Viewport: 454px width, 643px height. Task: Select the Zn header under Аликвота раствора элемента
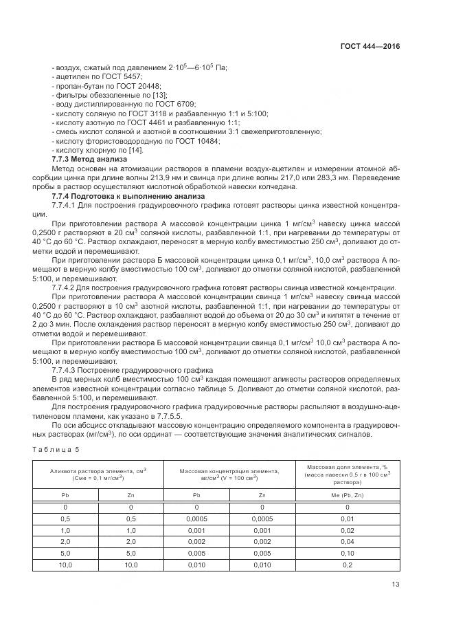click(130, 494)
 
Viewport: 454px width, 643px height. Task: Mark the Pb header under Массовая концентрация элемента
click(196, 494)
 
